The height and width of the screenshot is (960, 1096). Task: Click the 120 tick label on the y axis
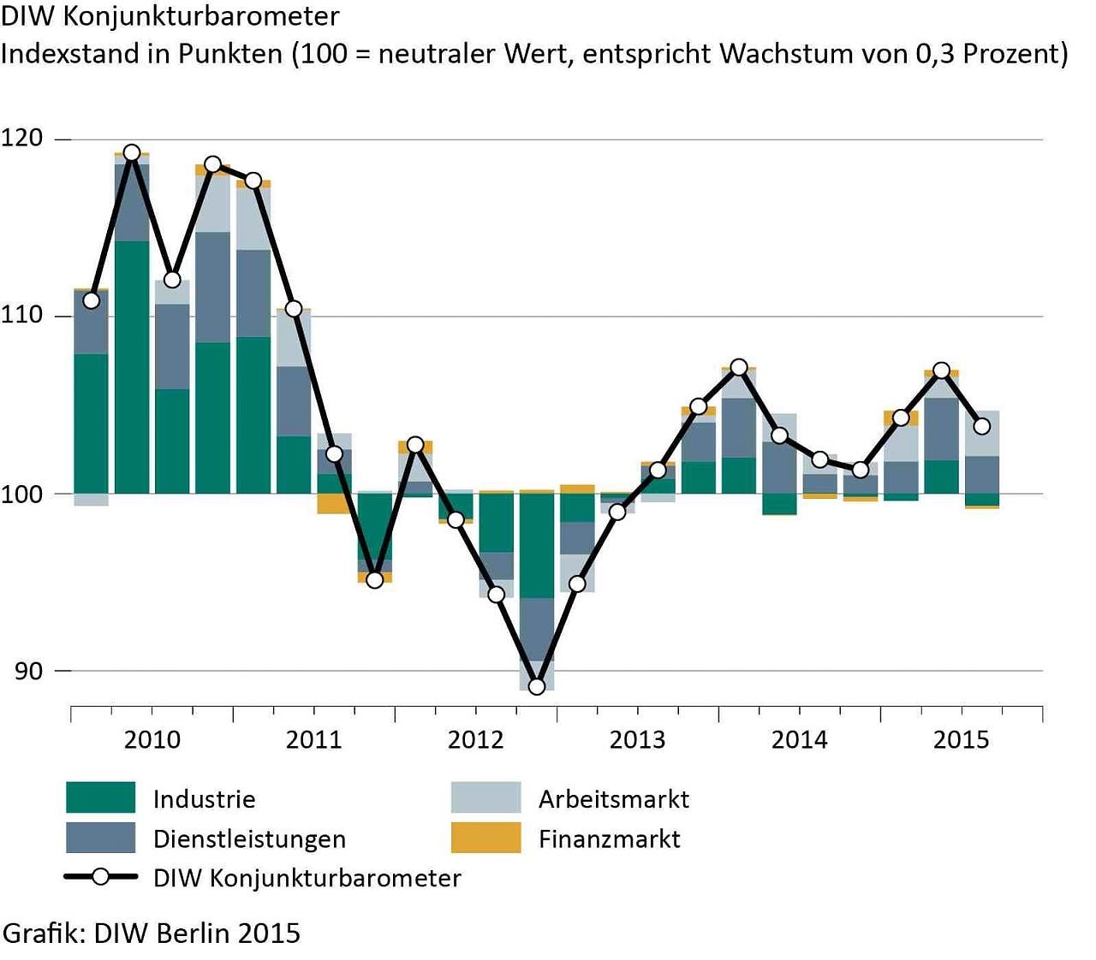pos(21,138)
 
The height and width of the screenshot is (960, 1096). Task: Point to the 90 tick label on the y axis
pos(28,671)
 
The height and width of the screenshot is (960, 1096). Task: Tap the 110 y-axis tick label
pos(21,315)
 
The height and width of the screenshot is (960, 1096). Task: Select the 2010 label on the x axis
pos(152,739)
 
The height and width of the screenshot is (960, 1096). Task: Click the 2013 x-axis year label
pos(637,739)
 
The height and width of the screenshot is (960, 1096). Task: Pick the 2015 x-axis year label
pos(961,739)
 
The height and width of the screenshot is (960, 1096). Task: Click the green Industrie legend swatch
pos(100,797)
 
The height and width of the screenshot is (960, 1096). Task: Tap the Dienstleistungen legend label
pos(249,839)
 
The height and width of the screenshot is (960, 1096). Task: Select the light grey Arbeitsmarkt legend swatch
pos(485,797)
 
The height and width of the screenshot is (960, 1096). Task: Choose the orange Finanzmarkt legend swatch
pos(485,838)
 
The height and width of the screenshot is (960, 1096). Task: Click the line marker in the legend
pos(101,877)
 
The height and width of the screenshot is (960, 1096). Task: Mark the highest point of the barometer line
pos(132,153)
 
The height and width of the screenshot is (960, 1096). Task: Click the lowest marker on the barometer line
pos(537,686)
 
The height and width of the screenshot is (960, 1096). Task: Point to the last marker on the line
pos(982,426)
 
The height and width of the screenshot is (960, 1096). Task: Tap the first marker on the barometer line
pos(91,300)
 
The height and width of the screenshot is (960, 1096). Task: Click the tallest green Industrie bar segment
pos(132,367)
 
